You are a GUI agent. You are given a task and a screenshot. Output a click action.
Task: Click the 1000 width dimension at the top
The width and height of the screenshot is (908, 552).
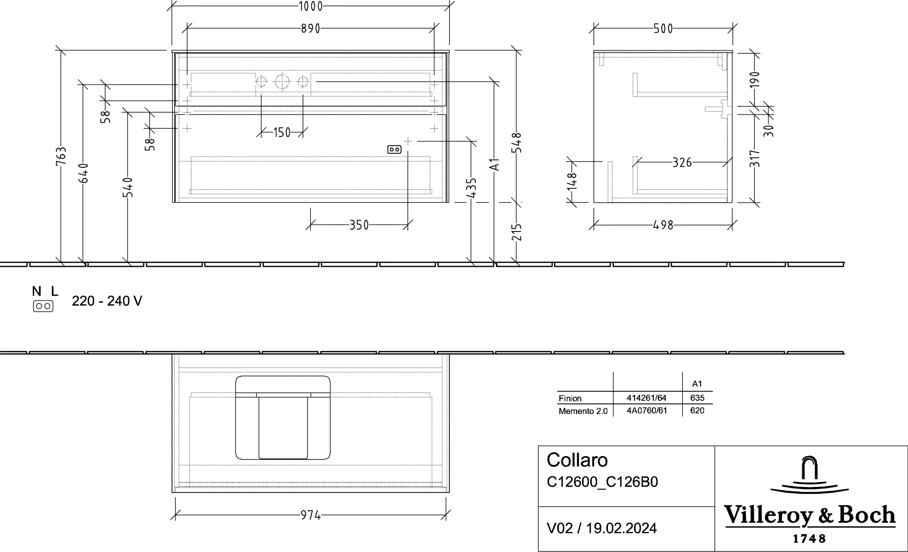click(310, 6)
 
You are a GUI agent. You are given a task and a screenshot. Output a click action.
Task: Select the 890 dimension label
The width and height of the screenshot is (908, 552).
click(310, 29)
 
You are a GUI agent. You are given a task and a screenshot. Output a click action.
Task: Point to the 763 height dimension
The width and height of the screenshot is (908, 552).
click(61, 157)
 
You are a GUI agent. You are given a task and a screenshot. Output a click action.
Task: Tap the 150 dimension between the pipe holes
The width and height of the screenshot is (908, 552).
click(282, 132)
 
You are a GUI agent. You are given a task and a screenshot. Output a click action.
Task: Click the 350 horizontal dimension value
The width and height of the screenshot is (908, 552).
click(359, 225)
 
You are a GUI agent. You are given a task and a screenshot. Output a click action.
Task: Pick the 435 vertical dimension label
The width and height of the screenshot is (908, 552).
click(471, 188)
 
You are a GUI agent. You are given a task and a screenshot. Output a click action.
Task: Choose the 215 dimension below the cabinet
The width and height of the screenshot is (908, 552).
click(517, 232)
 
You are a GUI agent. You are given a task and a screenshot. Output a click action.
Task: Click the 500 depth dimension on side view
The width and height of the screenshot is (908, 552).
click(663, 29)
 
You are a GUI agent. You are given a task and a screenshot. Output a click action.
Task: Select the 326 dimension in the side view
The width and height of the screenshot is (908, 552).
click(682, 162)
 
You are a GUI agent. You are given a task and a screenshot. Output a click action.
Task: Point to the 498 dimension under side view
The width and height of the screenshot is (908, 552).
click(663, 225)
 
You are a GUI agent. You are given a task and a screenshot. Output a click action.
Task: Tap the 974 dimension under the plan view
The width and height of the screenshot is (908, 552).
click(310, 515)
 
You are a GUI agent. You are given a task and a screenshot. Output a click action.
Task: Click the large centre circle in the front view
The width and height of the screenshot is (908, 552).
click(282, 81)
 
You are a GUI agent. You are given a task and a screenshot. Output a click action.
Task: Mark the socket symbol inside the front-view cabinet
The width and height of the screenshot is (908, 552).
click(395, 149)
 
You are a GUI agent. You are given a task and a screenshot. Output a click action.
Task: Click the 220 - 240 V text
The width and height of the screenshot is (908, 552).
click(107, 301)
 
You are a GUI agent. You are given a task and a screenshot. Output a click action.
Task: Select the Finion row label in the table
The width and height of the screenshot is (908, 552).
click(570, 398)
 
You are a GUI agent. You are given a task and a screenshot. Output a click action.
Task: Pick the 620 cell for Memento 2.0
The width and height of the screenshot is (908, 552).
click(697, 411)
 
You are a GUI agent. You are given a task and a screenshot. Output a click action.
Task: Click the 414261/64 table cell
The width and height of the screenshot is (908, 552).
click(647, 398)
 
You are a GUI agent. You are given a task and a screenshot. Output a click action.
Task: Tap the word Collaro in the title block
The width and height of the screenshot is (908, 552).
click(577, 460)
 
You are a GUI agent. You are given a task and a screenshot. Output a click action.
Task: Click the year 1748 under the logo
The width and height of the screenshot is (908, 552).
click(809, 538)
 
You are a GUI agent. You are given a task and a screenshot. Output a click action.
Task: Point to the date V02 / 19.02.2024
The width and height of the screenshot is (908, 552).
click(602, 528)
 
